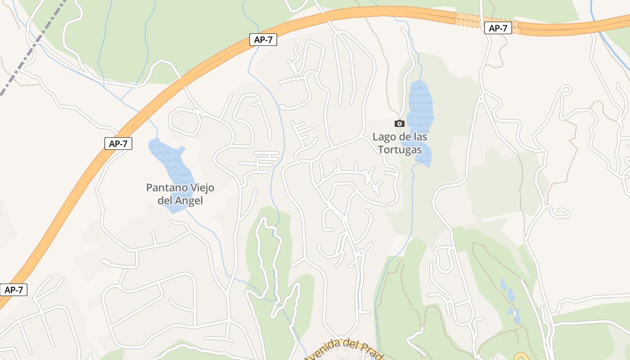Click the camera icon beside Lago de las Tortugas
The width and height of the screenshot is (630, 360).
coord(399,123)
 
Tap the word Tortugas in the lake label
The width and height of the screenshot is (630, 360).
coord(400,150)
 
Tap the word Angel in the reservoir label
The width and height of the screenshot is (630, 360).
coord(189,201)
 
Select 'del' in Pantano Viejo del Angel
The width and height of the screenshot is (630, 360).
coord(165,201)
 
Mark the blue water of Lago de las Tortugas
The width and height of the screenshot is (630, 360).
coord(421,101)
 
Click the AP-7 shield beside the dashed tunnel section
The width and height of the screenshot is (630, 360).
coord(498,28)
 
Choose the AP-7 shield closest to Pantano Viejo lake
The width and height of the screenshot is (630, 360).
coord(118,144)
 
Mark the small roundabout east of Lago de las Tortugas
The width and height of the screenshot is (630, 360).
coord(481,99)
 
